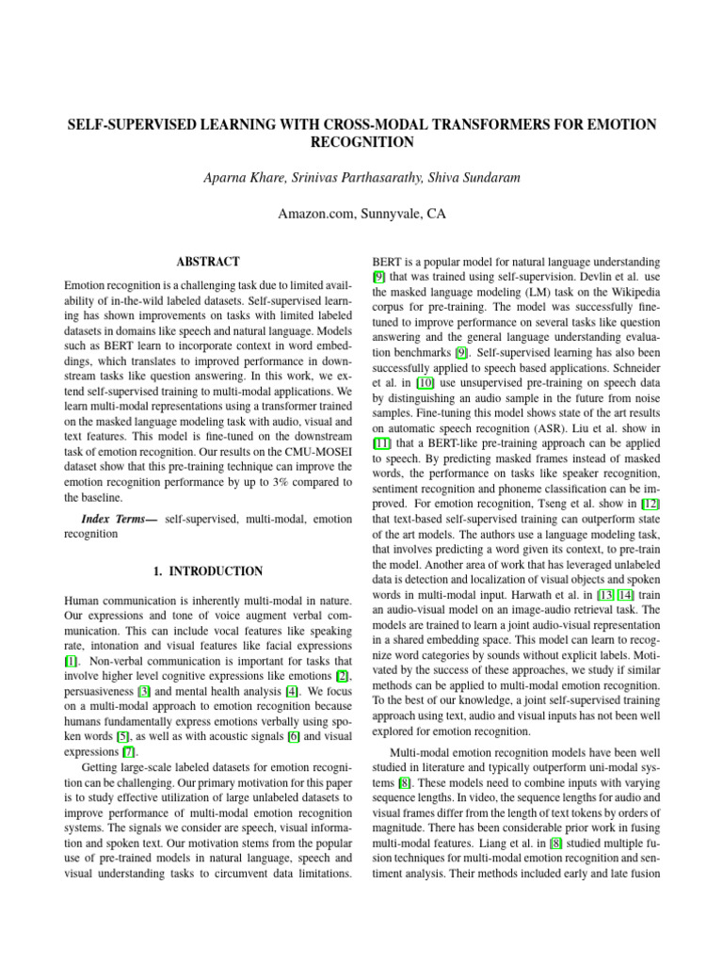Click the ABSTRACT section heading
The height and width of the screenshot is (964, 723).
pos(209,262)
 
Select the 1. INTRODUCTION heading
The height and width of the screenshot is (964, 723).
pos(208,571)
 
